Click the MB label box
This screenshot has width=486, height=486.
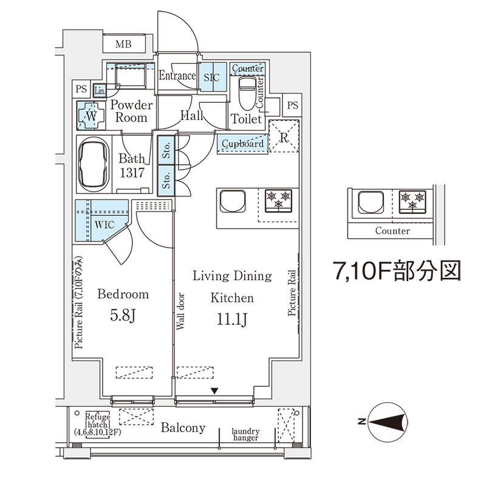pyautogui.click(x=124, y=44)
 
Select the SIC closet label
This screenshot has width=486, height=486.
pyautogui.click(x=211, y=77)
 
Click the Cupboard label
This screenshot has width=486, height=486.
pyautogui.click(x=242, y=144)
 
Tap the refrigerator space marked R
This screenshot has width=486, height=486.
pyautogui.click(x=284, y=136)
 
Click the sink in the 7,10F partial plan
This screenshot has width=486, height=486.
pyautogui.click(x=370, y=202)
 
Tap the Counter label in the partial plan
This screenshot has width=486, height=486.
pyautogui.click(x=392, y=231)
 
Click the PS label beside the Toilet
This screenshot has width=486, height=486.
pyautogui.click(x=293, y=105)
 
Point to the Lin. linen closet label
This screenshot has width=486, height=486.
pyautogui.click(x=101, y=91)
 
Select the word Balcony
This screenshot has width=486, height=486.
pyautogui.click(x=183, y=428)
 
